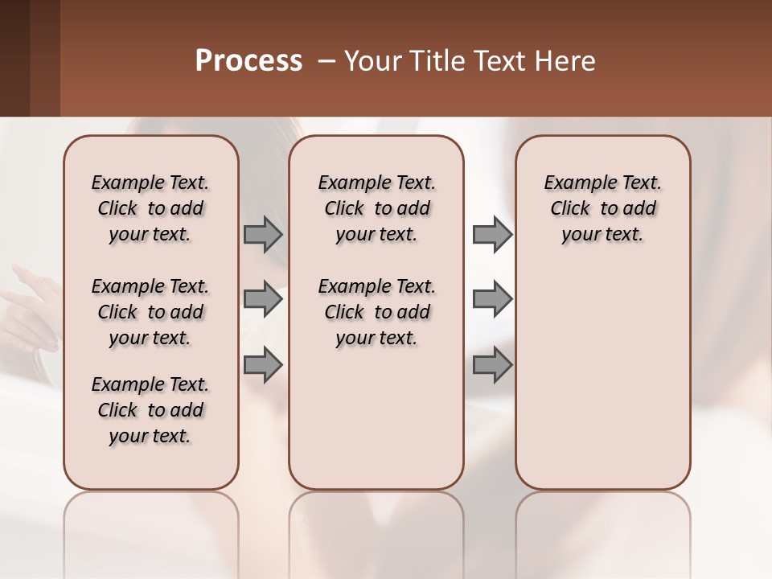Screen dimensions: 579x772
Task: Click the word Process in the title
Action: click(248, 61)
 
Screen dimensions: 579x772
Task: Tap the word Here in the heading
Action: click(567, 61)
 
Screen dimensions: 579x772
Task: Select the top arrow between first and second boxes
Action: click(263, 235)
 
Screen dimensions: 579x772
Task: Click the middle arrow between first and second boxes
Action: click(263, 299)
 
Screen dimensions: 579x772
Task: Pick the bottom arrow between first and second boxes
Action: click(263, 365)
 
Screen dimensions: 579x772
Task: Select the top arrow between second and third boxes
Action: click(492, 235)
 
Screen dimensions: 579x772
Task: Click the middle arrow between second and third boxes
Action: click(492, 299)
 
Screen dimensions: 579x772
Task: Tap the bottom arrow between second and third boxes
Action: click(492, 365)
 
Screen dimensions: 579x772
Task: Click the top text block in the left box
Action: click(150, 208)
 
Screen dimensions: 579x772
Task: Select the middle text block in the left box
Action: click(150, 312)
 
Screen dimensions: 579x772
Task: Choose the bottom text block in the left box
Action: click(150, 410)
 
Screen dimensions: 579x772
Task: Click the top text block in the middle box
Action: click(377, 208)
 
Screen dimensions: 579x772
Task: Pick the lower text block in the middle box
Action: click(377, 312)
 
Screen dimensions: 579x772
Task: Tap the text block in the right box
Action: click(603, 208)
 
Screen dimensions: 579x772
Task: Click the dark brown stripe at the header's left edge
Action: click(14, 58)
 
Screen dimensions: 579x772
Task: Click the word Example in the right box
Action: click(573, 183)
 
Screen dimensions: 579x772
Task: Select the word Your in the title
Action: click(370, 61)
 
